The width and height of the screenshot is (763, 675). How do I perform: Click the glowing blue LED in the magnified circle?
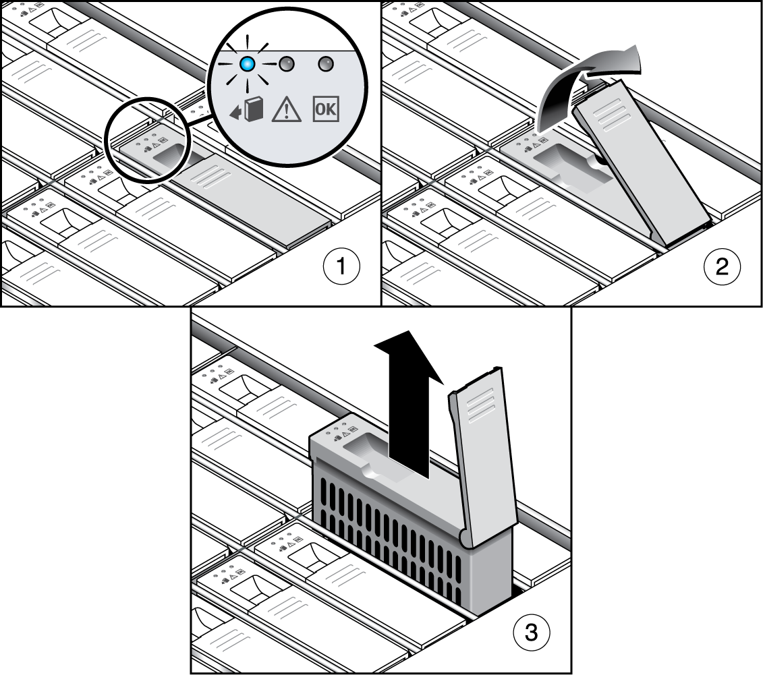click(x=248, y=63)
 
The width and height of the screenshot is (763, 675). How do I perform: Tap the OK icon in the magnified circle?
click(x=326, y=109)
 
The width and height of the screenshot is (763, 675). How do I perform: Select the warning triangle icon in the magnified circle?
click(x=286, y=109)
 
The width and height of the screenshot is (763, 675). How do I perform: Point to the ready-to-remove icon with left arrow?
click(x=247, y=110)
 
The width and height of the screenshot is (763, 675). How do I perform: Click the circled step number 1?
click(x=341, y=266)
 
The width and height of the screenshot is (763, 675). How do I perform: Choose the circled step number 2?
click(x=722, y=266)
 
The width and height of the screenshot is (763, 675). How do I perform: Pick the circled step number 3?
click(x=532, y=633)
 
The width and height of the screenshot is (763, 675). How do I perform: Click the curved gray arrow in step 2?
click(x=584, y=83)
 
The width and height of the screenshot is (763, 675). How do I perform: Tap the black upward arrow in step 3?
click(x=409, y=404)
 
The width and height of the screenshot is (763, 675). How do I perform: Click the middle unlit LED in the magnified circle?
click(x=287, y=63)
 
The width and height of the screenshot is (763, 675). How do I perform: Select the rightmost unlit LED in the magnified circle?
click(x=326, y=63)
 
